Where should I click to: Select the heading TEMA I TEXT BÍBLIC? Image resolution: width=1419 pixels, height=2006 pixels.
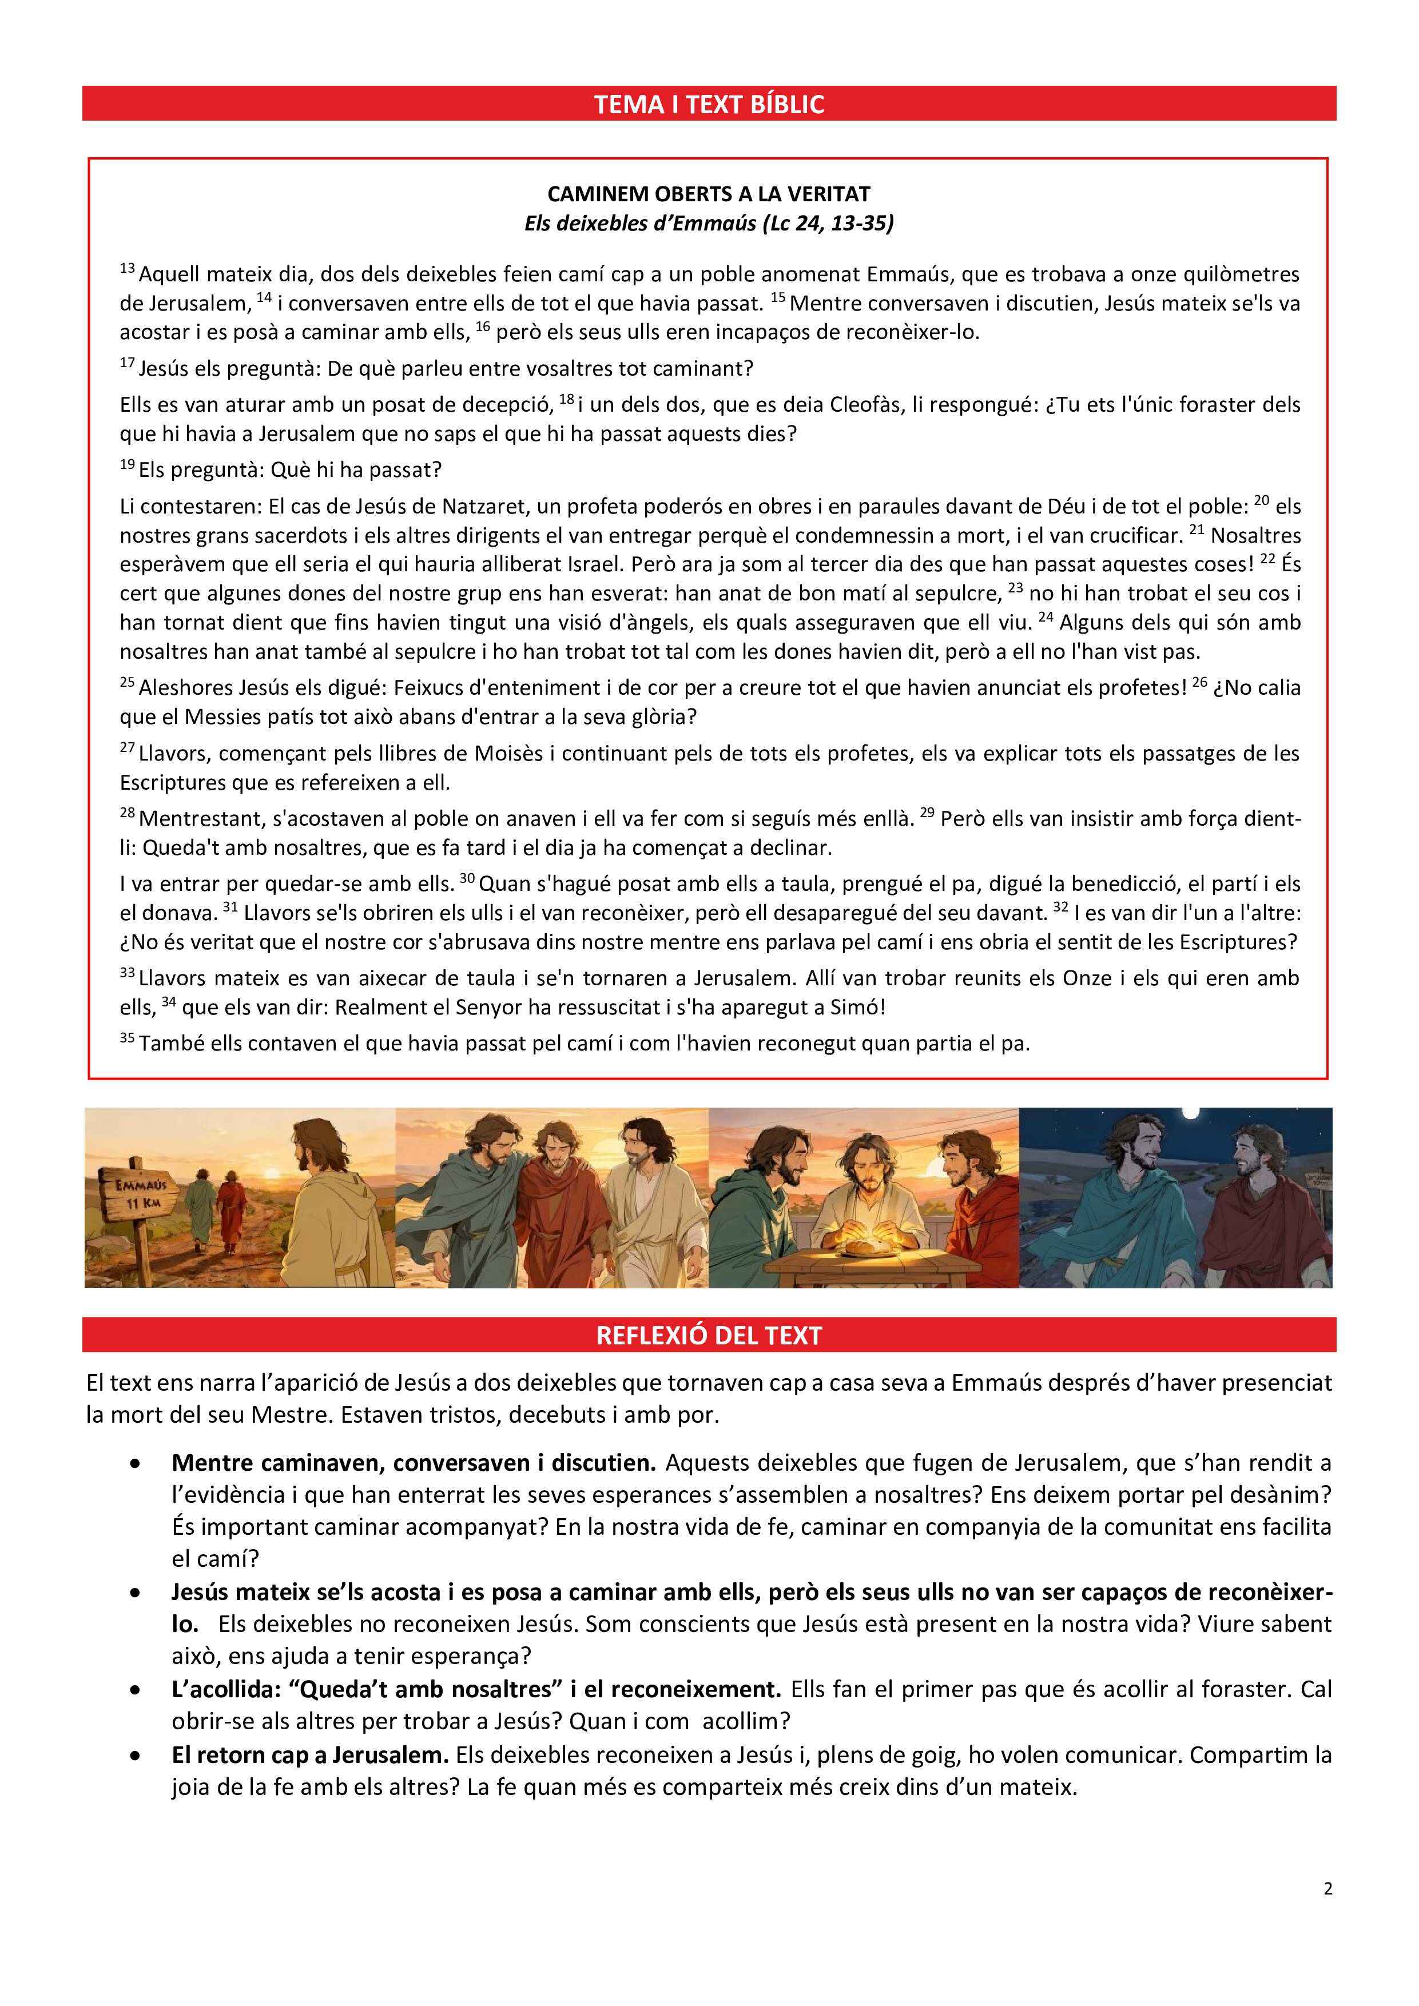(x=709, y=105)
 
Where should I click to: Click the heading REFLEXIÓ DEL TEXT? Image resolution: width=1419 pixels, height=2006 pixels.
(x=709, y=1336)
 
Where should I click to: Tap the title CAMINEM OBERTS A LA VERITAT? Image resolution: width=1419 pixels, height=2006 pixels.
(x=709, y=194)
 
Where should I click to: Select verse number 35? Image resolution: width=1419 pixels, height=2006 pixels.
(x=127, y=1038)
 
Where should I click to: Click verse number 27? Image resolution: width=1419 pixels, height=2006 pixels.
(x=127, y=749)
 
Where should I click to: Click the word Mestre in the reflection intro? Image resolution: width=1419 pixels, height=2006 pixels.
(x=288, y=1415)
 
